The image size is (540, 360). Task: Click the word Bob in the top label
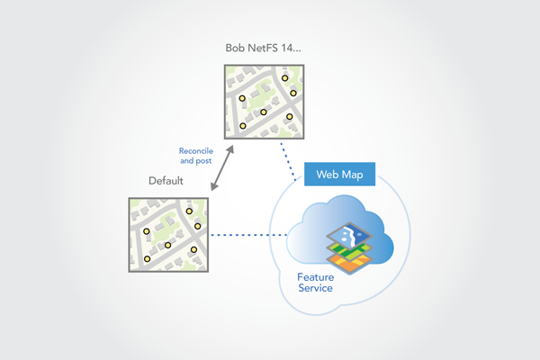point(236,47)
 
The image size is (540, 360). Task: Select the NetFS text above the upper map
point(268,47)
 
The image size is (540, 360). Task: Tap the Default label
point(166,181)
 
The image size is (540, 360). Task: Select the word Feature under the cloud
point(316,276)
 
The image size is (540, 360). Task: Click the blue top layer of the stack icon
point(350,236)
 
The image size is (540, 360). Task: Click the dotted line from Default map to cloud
point(247,237)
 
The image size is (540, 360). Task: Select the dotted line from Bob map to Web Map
point(290,152)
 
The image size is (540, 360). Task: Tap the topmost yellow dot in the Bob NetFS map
point(284,78)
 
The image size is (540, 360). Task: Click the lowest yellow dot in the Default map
point(147,259)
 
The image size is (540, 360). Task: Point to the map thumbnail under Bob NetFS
point(264,103)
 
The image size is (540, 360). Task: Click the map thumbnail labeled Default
point(167,234)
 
